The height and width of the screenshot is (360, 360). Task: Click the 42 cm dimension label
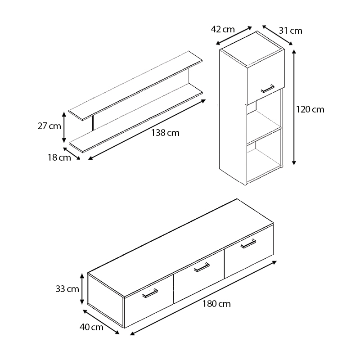pos(223,29)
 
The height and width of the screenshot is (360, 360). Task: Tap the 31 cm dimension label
pos(290,31)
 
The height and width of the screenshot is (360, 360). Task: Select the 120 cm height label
pos(310,109)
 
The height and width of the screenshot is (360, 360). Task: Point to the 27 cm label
pos(49,126)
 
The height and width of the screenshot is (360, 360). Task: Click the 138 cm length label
pos(165,133)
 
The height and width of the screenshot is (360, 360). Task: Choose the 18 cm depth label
pos(59,157)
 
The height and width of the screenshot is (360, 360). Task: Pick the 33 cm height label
pos(67,289)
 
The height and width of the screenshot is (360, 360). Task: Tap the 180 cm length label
pos(216,304)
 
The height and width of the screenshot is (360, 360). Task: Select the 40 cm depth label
pos(91,327)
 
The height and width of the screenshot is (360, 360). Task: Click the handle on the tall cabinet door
pos(267,89)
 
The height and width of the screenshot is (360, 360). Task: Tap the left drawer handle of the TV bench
pos(150,293)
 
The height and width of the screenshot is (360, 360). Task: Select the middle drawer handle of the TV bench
pos(202,267)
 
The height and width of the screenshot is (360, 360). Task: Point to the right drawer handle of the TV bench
pos(248,243)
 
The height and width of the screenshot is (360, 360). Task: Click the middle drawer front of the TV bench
pos(199,277)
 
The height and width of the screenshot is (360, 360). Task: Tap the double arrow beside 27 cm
pos(64,127)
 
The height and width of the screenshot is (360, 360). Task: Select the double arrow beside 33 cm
pos(82,289)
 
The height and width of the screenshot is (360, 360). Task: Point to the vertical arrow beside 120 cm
pos(294,108)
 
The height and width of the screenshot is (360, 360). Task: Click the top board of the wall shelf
pos(135,85)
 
